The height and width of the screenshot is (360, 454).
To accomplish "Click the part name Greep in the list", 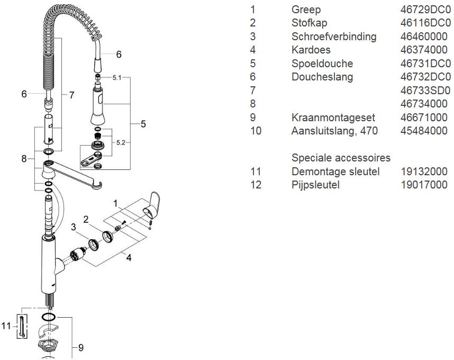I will point(306,10).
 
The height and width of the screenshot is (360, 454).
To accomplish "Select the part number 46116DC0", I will point(424,23).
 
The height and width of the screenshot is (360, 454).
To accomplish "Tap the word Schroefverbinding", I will point(334,37).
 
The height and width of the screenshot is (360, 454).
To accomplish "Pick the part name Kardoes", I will point(311,50).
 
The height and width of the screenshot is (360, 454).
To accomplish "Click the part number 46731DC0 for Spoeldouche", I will point(424,64).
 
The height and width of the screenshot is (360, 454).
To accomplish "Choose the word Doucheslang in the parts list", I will point(322,77).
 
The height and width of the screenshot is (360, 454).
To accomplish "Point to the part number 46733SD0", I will point(424,91).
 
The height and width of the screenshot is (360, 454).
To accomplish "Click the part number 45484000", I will point(424,131).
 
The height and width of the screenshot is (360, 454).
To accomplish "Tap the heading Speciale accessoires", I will point(341,158).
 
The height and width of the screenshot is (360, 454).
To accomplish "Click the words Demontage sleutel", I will point(335,172).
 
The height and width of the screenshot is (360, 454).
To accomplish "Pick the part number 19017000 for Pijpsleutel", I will point(424,185).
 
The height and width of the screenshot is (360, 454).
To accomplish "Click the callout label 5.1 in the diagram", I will point(117,77).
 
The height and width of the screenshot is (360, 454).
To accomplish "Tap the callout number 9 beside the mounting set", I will point(81,347).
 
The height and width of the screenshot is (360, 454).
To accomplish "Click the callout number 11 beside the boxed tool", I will point(5,326).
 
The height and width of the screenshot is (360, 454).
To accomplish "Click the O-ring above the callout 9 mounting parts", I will point(48,317).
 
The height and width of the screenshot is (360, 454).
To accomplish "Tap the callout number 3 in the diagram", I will point(74,227).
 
